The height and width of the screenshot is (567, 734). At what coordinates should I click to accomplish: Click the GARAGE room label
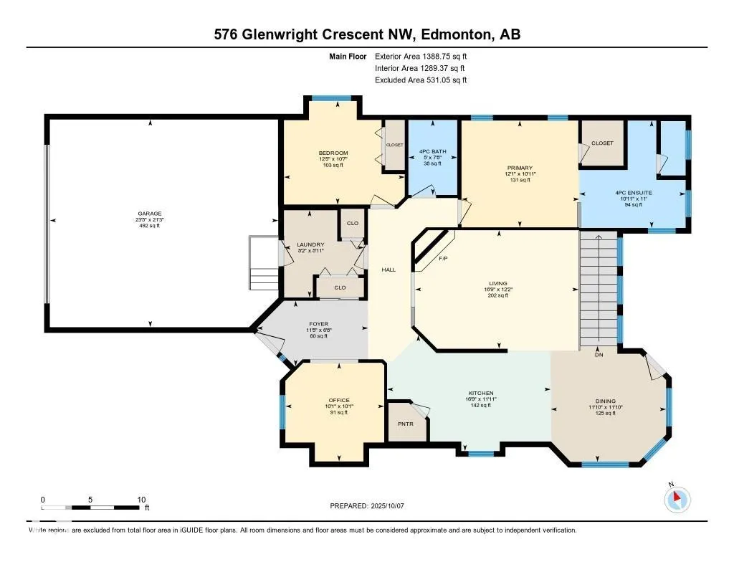pyautogui.click(x=150, y=214)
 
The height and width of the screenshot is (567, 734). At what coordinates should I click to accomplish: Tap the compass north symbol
pyautogui.click(x=678, y=499)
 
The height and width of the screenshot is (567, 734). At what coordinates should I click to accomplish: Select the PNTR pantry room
pyautogui.click(x=405, y=424)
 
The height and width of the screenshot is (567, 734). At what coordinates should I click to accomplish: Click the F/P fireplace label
pyautogui.click(x=443, y=258)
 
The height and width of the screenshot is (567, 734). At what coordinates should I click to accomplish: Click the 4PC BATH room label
pyautogui.click(x=432, y=151)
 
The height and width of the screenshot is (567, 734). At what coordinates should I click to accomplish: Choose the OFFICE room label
pyautogui.click(x=338, y=400)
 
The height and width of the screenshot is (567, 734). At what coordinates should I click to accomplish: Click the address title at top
pyautogui.click(x=366, y=34)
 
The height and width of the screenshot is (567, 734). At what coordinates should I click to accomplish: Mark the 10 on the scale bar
pyautogui.click(x=141, y=500)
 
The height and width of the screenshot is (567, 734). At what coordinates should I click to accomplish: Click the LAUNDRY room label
pyautogui.click(x=310, y=244)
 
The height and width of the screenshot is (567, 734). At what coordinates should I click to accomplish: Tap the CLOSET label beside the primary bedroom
pyautogui.click(x=602, y=143)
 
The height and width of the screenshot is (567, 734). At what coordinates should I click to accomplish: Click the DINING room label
pyautogui.click(x=605, y=401)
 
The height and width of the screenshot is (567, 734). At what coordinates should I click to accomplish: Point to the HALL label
pyautogui.click(x=389, y=270)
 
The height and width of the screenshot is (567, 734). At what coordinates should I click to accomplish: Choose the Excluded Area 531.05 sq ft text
pyautogui.click(x=421, y=80)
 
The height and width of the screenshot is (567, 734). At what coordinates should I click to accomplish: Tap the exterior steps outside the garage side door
pyautogui.click(x=262, y=261)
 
